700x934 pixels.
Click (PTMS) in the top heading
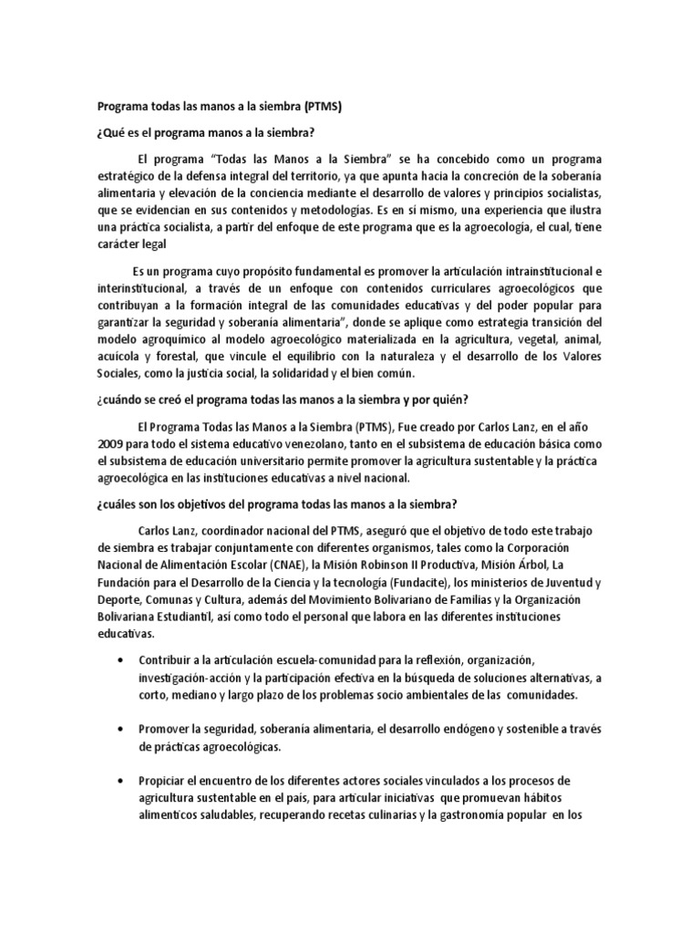(x=323, y=106)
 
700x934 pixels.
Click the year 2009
(x=112, y=443)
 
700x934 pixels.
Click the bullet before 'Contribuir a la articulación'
(x=120, y=659)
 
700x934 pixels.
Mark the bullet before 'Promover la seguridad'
(x=120, y=729)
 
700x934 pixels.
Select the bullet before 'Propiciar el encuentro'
(x=120, y=782)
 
